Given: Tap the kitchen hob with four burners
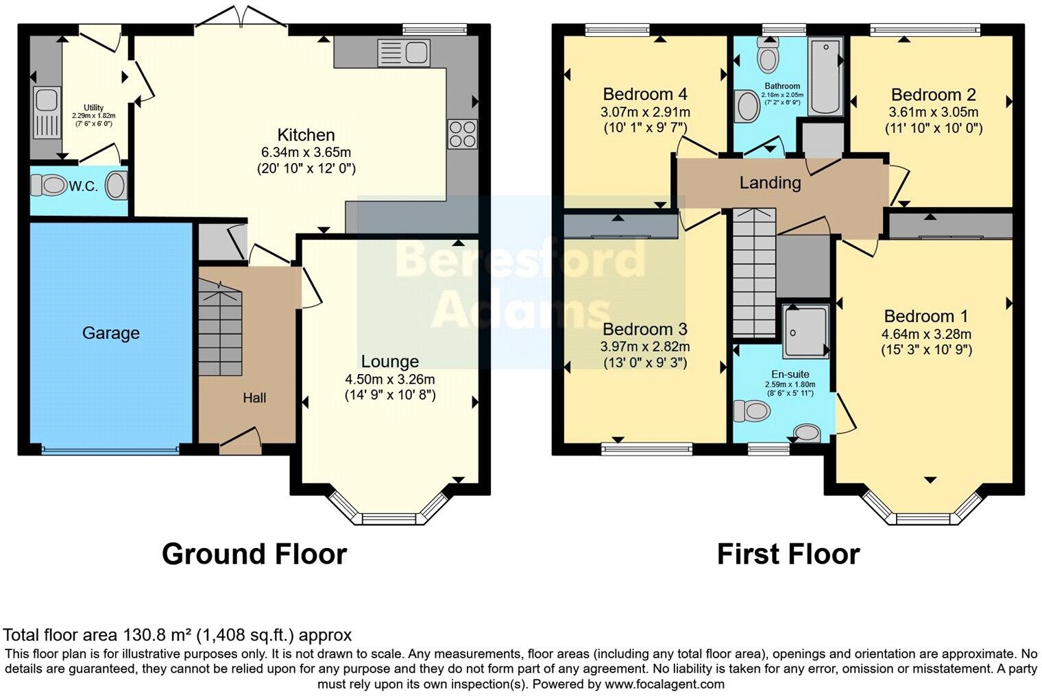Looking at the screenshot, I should click(x=462, y=134).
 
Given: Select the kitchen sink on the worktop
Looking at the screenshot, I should click(x=402, y=52).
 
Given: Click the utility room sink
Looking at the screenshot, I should click(x=45, y=101).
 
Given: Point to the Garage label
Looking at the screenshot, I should click(x=110, y=334).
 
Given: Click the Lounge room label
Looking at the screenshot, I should click(x=389, y=362).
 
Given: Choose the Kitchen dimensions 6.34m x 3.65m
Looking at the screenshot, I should click(x=306, y=152).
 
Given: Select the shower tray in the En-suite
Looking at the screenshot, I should click(x=805, y=332).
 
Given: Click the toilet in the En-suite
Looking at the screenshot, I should click(x=749, y=411).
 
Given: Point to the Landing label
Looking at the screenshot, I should click(x=770, y=183).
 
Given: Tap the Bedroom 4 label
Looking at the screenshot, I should click(x=645, y=94).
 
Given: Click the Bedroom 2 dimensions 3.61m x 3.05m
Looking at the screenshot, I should click(x=933, y=112).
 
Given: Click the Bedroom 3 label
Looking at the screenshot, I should click(x=645, y=329).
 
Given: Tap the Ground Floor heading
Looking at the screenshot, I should click(x=254, y=554).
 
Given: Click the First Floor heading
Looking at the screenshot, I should click(x=788, y=554).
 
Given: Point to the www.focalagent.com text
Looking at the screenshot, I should click(x=664, y=684).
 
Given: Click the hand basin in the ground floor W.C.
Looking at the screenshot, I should click(x=117, y=185).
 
